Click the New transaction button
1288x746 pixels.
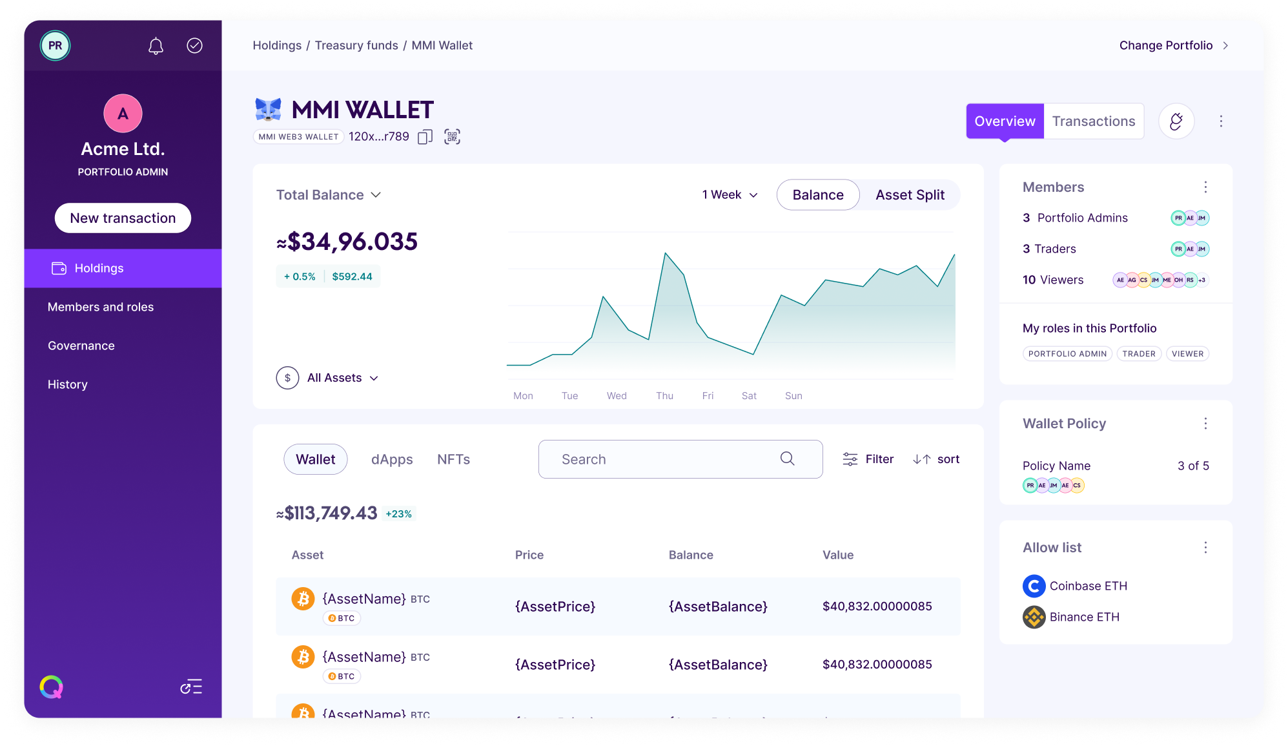123,218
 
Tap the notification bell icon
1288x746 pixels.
156,46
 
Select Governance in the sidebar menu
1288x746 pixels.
81,346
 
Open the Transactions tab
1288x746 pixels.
1093,121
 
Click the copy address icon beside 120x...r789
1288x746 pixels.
425,137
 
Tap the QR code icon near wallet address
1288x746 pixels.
452,137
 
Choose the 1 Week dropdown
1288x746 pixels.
730,195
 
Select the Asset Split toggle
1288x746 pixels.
909,195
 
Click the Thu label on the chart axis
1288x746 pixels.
664,396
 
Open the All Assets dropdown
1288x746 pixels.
342,378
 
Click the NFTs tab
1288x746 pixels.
453,459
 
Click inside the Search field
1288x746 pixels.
665,459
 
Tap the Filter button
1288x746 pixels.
868,459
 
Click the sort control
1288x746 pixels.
936,459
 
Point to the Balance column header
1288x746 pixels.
691,555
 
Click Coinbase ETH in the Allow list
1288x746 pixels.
1088,586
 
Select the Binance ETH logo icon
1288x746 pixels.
1034,617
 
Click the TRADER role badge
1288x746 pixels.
1138,354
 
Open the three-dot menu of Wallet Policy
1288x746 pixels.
1205,424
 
